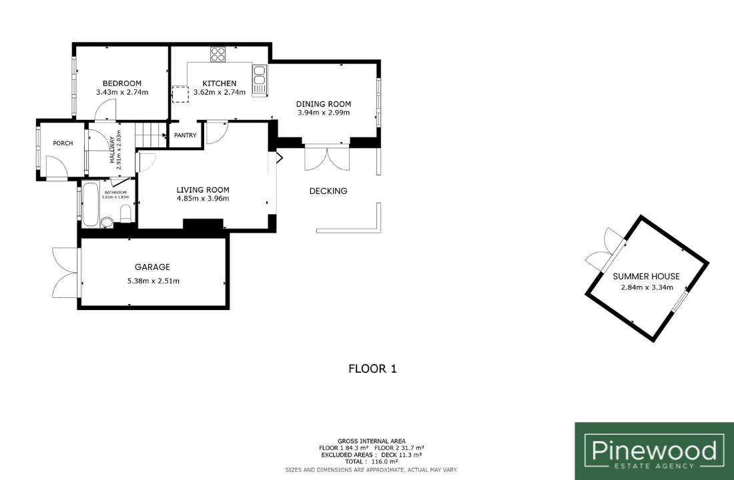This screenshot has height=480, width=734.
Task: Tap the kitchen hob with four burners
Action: pos(218,54)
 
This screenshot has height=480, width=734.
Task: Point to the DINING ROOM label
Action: pos(324,104)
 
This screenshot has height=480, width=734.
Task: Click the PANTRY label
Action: pos(186,135)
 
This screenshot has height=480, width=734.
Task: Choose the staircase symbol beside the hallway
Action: pos(151,135)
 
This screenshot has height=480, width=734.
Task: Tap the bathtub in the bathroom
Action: pos(90,205)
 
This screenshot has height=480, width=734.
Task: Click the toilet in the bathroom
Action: pos(125,215)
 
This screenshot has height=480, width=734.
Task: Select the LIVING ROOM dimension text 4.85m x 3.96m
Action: pos(203,199)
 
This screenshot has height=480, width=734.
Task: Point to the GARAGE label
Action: pos(152,267)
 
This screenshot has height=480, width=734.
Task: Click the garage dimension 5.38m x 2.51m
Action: pos(153,281)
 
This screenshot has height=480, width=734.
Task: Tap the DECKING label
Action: pos(328,191)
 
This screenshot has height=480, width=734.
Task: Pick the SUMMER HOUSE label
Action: pos(646,277)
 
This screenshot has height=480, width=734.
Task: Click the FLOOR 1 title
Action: pos(372,369)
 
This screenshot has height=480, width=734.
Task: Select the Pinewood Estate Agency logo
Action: pos(655,451)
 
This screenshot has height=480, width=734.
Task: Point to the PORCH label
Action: pos(63,143)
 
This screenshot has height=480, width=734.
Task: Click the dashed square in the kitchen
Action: pos(180,95)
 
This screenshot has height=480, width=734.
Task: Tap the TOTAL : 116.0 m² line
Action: pos(371,462)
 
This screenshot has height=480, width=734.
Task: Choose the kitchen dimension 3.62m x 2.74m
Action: pos(220,92)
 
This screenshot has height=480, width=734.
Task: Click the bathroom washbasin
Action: pos(107,222)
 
